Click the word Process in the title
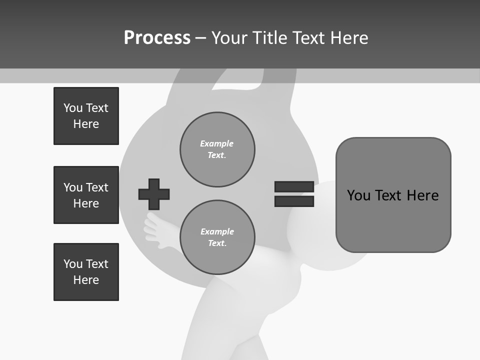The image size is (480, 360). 157,37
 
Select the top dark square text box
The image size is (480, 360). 86,116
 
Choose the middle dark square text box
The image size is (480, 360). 86,195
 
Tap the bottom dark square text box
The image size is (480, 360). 86,272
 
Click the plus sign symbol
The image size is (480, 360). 154,194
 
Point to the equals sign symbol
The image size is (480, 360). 294,194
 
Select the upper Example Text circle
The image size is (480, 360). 217,149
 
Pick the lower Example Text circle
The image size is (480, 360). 217,237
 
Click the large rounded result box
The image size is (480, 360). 393,195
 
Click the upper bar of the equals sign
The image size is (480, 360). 294,187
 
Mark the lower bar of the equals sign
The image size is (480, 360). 294,201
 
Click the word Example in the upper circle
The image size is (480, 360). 216,143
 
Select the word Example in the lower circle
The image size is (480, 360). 217,231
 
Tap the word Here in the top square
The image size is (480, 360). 86,124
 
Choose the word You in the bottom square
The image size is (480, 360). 72,264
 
